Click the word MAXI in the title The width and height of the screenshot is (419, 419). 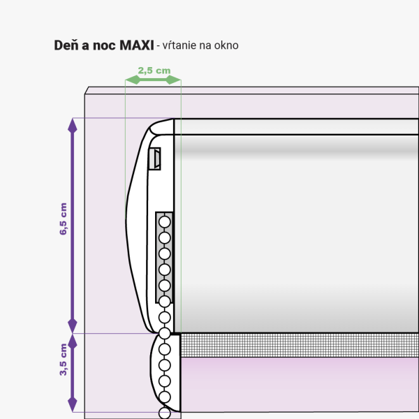click(x=137, y=45)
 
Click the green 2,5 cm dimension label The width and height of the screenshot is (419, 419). click(x=154, y=71)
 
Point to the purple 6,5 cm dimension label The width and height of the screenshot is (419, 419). click(x=64, y=219)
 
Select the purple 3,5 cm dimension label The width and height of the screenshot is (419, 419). click(x=64, y=360)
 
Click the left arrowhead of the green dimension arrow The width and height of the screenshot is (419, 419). click(x=133, y=80)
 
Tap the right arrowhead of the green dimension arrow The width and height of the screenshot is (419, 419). click(x=174, y=80)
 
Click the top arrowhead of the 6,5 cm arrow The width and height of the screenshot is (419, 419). click(x=73, y=125)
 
